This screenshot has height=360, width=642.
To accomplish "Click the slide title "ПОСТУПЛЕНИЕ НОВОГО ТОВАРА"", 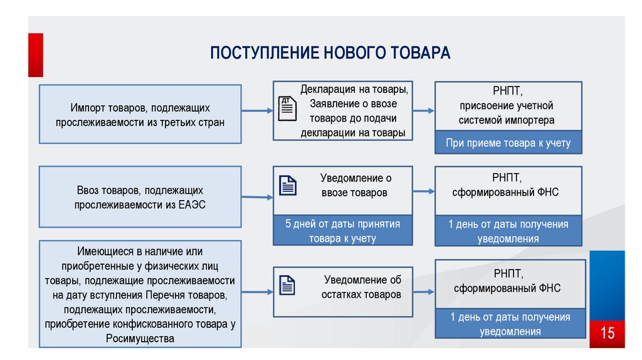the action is [330, 53].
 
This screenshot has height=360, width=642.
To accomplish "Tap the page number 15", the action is [607, 333].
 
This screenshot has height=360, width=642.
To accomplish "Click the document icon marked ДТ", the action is [287, 109].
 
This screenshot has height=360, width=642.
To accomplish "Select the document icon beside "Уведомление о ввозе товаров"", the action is [288, 185].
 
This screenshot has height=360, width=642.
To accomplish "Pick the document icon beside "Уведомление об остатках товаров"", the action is [287, 285].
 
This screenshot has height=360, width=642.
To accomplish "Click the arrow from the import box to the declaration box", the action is [257, 110].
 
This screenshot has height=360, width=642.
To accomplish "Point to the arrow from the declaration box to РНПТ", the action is [423, 110].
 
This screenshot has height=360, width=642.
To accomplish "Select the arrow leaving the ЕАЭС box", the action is [257, 197].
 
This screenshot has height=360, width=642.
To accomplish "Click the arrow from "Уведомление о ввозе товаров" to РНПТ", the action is [423, 191].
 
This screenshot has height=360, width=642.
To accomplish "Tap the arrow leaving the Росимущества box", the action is [257, 292].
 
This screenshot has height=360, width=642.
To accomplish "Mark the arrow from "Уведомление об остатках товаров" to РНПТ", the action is [423, 292].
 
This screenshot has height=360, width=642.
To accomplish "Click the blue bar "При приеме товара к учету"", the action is [508, 142].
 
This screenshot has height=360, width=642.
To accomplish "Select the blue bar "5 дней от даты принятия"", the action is [343, 231].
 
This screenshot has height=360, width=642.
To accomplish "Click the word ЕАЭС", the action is [192, 204].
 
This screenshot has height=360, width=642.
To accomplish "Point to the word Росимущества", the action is [140, 339].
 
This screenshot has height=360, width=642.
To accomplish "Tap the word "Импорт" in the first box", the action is [85, 108].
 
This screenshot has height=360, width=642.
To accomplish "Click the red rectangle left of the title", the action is [36, 55].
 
